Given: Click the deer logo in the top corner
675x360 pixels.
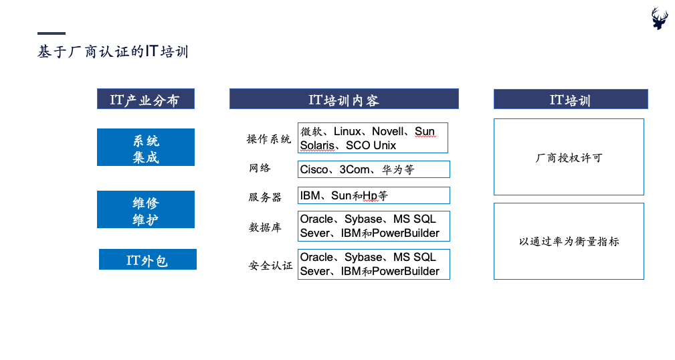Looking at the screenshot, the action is click(659, 18).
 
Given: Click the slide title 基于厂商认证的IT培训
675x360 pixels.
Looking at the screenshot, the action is click(113, 52).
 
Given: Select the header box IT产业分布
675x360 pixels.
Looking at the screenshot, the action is click(146, 99).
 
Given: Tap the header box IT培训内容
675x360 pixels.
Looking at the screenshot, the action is click(344, 99).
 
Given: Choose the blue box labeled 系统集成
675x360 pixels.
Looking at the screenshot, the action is click(146, 147).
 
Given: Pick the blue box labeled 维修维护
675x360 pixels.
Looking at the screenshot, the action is click(146, 209).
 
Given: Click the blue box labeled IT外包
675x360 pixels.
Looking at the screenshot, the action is click(148, 259).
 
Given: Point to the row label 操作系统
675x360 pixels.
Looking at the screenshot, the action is click(269, 139).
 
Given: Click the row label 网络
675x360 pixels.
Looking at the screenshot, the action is click(260, 168).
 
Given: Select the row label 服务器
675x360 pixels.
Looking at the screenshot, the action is click(265, 197).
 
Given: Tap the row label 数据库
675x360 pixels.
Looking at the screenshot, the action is click(265, 227).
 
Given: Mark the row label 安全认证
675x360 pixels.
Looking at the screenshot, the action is click(270, 265).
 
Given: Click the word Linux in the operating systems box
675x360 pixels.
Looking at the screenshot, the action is click(347, 131).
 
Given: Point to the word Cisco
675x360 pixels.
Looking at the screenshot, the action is click(314, 170).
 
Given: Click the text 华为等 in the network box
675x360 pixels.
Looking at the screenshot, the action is click(398, 170).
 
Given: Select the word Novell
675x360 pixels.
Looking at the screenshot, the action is click(387, 131).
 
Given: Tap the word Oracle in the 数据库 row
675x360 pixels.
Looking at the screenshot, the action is click(316, 219).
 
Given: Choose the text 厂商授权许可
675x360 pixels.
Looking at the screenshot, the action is click(569, 158).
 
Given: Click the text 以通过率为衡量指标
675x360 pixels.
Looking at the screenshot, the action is click(569, 242).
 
